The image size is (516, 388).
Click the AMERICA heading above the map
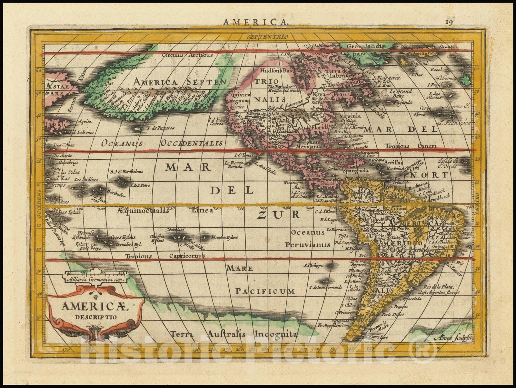click(x=255, y=22)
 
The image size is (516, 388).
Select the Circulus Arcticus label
click(x=187, y=55)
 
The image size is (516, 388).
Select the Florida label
click(x=319, y=128)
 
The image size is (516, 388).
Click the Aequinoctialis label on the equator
click(x=143, y=211)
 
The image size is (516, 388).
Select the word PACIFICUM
click(x=265, y=291)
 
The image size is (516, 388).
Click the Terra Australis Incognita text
click(x=234, y=334)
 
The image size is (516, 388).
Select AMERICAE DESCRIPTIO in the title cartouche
click(x=95, y=310)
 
